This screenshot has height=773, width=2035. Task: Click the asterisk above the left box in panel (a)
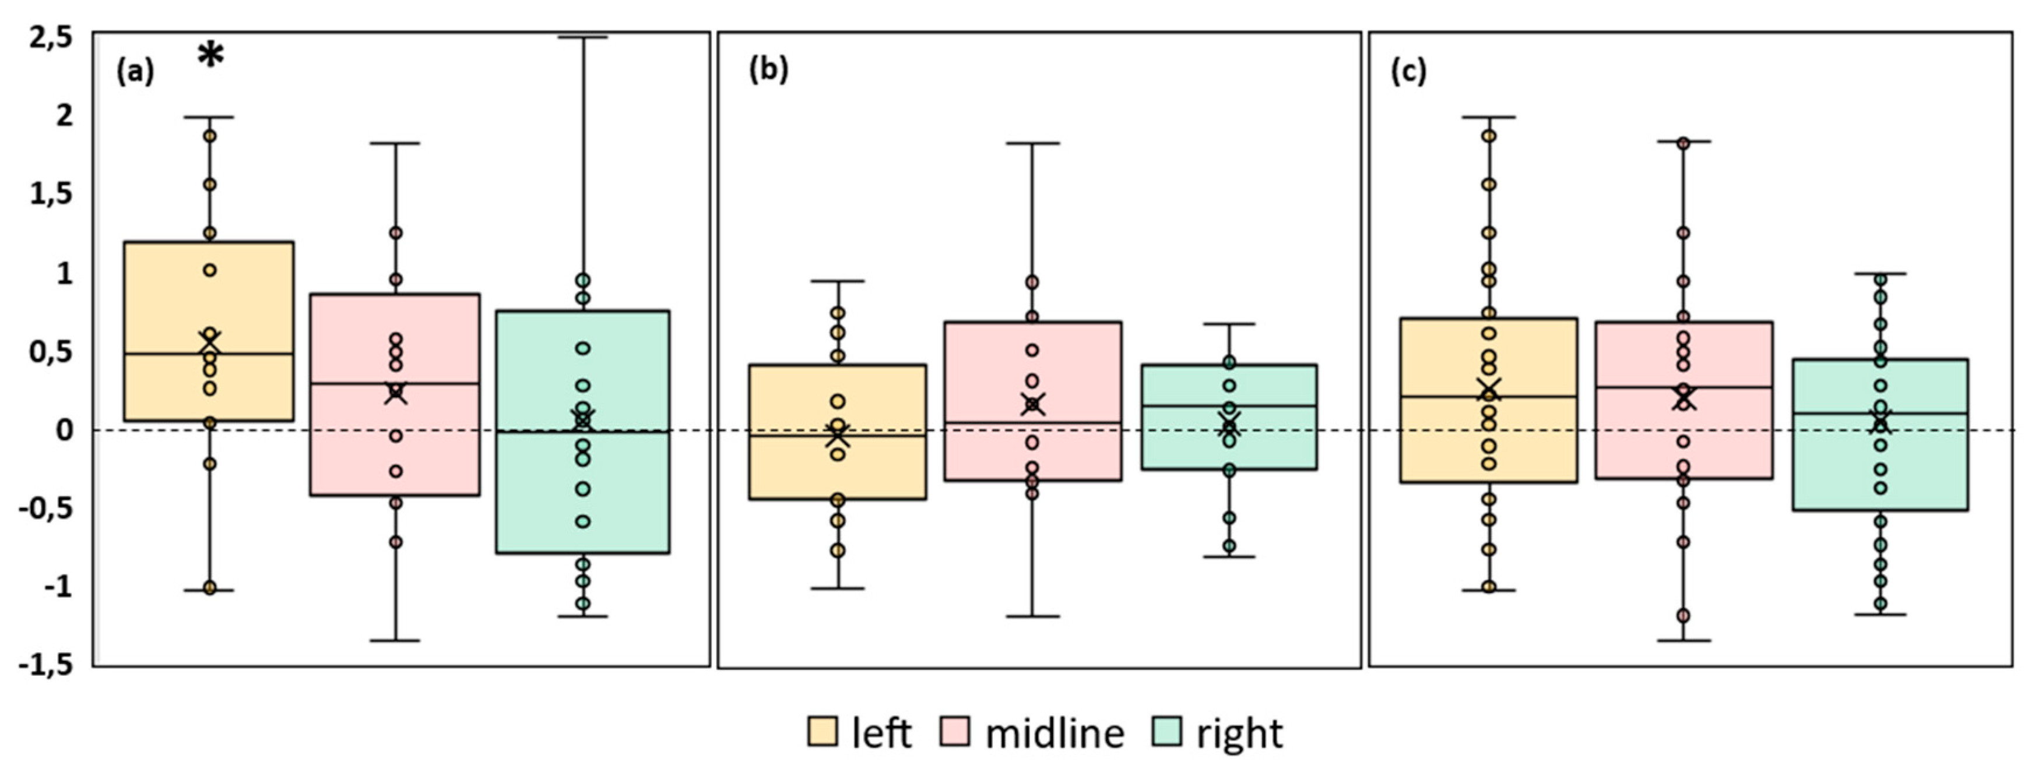pos(210,55)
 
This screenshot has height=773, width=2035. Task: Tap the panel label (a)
pos(135,72)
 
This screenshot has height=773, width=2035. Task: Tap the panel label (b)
pos(768,70)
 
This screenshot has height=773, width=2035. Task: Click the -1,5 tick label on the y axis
pos(46,666)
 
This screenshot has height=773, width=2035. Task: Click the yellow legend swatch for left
pos(821,731)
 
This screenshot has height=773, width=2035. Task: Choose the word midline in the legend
pos(1054,733)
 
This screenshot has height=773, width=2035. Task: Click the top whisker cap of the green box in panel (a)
pos(583,37)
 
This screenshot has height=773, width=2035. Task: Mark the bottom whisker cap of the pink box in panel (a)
pos(395,640)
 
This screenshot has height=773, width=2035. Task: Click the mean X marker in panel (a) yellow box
pos(210,344)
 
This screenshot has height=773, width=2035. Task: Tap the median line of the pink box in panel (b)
pos(1032,422)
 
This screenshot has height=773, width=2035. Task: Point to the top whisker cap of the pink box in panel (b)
pos(1032,144)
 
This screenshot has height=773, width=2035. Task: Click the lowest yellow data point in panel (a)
pos(210,587)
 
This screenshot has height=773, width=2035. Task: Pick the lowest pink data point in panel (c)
pos(1683,615)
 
